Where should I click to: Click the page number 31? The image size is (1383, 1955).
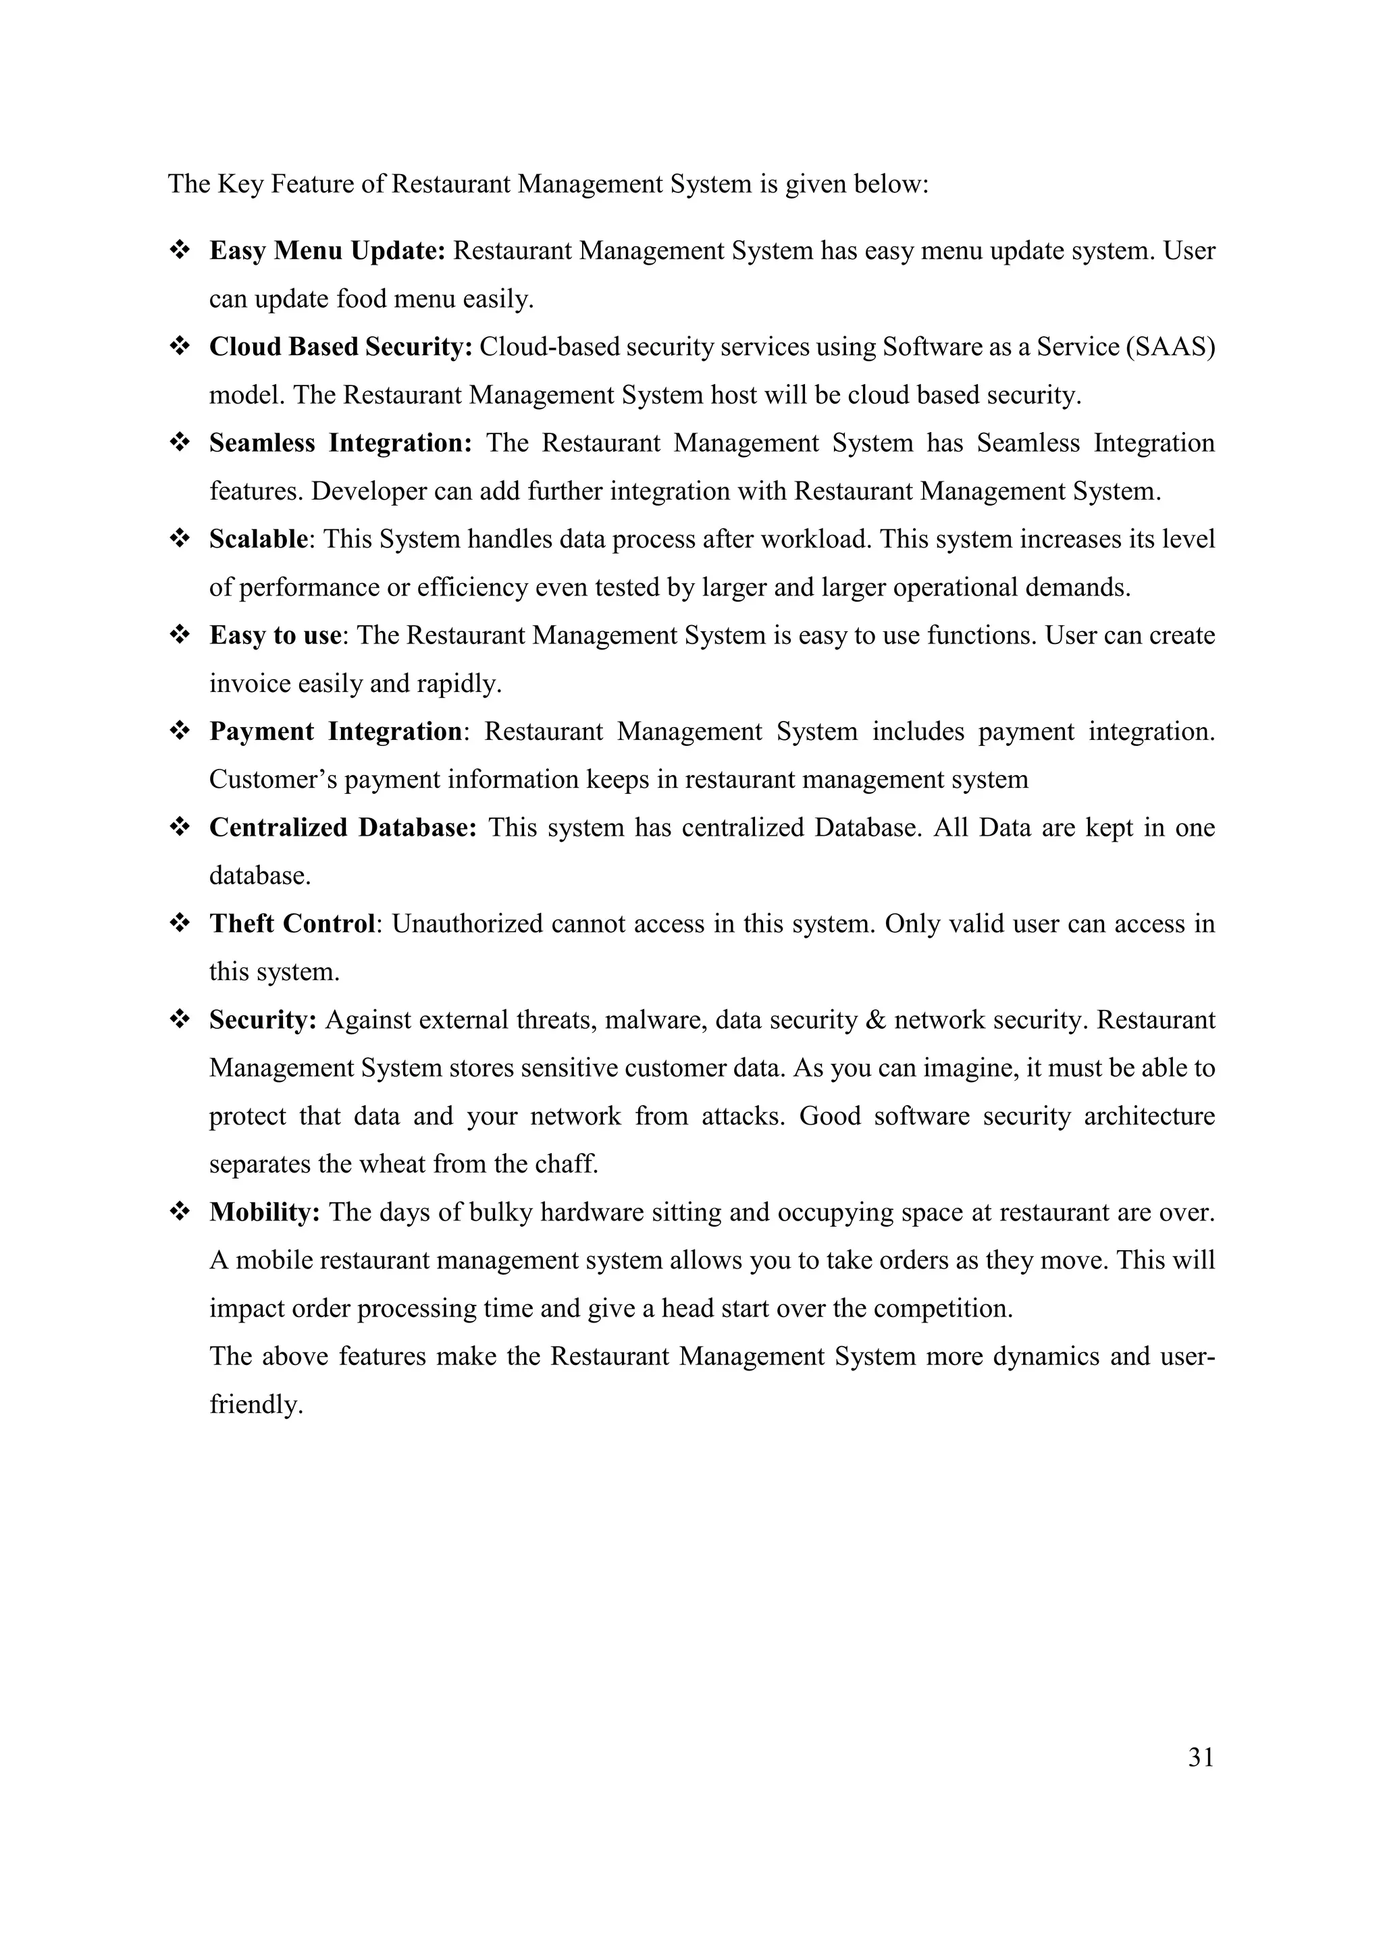click(x=1200, y=1757)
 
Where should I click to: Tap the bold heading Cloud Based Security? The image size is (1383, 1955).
click(x=340, y=348)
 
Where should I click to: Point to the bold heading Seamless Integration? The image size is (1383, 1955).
click(x=340, y=444)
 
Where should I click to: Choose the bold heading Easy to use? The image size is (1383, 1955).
click(x=275, y=636)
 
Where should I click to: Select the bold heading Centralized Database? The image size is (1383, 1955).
click(x=342, y=828)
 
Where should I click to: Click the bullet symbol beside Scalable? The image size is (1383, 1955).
click(x=180, y=538)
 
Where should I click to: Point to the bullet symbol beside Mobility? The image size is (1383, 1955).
click(x=180, y=1212)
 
